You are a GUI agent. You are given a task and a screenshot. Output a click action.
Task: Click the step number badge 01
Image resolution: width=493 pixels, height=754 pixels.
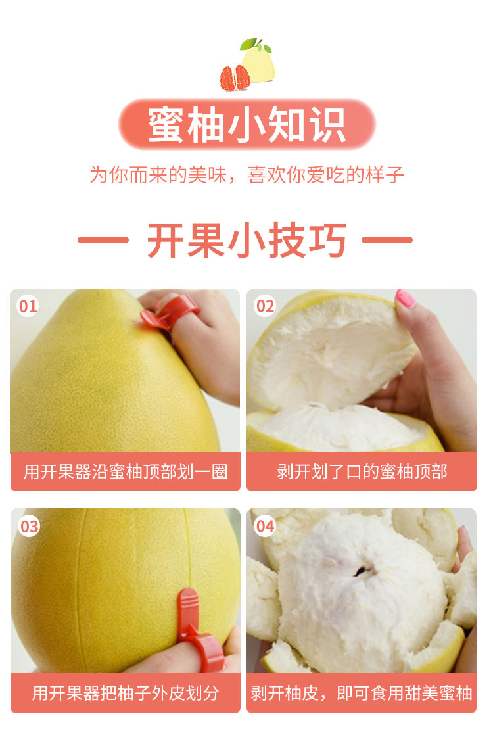tap(28, 306)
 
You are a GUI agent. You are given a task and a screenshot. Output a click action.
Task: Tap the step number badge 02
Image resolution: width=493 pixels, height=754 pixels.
tap(264, 306)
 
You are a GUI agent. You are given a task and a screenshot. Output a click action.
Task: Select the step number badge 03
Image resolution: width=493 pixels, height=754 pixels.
tap(29, 526)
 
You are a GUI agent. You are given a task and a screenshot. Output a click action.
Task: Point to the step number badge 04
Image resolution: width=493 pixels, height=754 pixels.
tap(264, 526)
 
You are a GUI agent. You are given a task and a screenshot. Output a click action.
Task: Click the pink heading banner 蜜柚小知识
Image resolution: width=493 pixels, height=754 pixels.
tap(246, 124)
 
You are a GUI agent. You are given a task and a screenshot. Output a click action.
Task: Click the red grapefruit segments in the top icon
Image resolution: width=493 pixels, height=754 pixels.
tap(235, 78)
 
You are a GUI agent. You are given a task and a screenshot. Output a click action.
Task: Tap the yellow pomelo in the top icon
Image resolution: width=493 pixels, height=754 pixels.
tap(258, 64)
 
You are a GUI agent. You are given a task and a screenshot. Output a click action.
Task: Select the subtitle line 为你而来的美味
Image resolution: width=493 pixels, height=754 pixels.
tap(158, 175)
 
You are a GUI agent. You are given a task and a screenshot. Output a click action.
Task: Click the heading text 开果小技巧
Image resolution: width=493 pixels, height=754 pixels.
tap(246, 240)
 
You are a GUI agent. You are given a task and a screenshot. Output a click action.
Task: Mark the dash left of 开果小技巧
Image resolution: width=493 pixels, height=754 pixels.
tap(103, 240)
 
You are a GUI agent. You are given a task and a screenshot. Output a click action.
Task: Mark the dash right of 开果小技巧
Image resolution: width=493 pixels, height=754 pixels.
tap(387, 240)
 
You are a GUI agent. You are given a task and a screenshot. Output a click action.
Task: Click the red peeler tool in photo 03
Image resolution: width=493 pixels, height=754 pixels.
tap(197, 630)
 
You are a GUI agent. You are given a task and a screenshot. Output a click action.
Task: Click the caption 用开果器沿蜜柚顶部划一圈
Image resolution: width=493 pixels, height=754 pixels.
tap(126, 472)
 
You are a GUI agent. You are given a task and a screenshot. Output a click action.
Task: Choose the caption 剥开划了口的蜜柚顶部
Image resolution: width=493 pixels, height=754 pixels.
tap(362, 472)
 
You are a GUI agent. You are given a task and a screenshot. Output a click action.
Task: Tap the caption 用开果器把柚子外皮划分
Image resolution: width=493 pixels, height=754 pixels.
tap(126, 693)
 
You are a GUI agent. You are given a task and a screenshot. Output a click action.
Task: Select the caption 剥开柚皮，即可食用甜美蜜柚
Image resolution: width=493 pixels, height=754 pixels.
tap(362, 693)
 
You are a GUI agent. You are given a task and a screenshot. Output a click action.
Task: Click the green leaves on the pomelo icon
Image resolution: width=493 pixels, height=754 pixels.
tap(255, 45)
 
